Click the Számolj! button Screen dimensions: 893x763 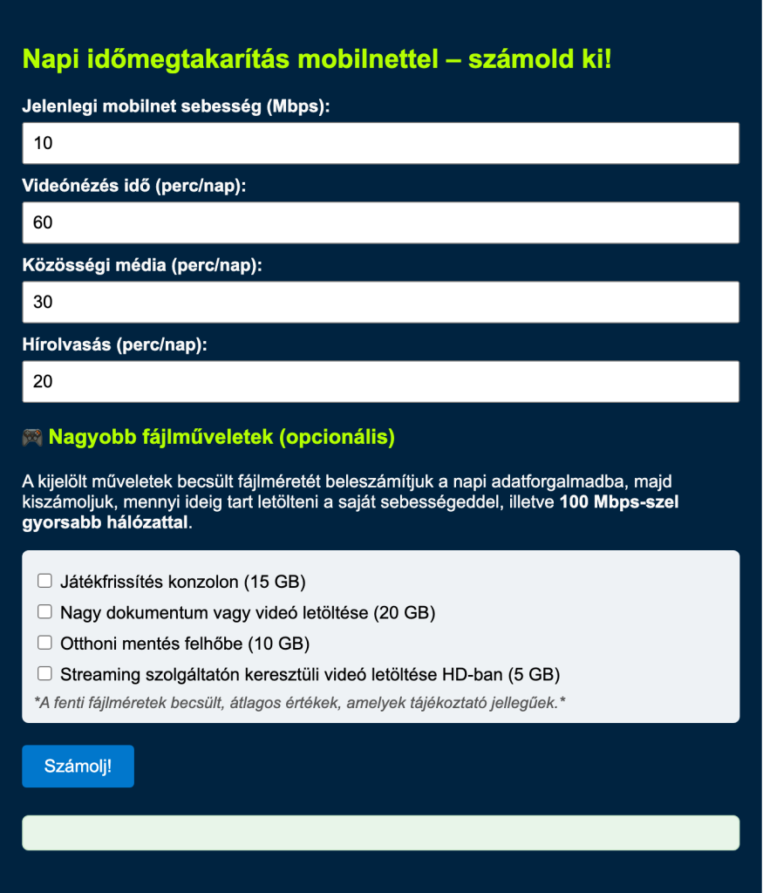[78, 767]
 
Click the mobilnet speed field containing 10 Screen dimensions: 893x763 [380, 143]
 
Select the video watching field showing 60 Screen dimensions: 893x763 [380, 222]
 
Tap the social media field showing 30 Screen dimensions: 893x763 [380, 302]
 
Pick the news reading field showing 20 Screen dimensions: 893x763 [380, 381]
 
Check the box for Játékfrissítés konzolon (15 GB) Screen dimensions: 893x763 [44, 581]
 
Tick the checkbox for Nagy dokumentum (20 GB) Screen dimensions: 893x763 [44, 612]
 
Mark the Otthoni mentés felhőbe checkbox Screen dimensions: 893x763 [44, 643]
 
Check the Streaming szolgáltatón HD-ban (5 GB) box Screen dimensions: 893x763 [44, 673]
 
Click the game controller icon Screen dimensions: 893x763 [32, 437]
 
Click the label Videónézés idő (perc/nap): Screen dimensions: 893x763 [134, 187]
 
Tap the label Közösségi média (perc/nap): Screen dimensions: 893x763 [142, 266]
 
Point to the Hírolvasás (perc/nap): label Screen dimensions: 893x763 [115, 345]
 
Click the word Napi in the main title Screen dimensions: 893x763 [50, 60]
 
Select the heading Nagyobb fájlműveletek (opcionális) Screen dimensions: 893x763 [221, 437]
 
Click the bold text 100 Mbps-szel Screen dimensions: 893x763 [619, 502]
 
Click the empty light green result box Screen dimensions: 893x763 [380, 833]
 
